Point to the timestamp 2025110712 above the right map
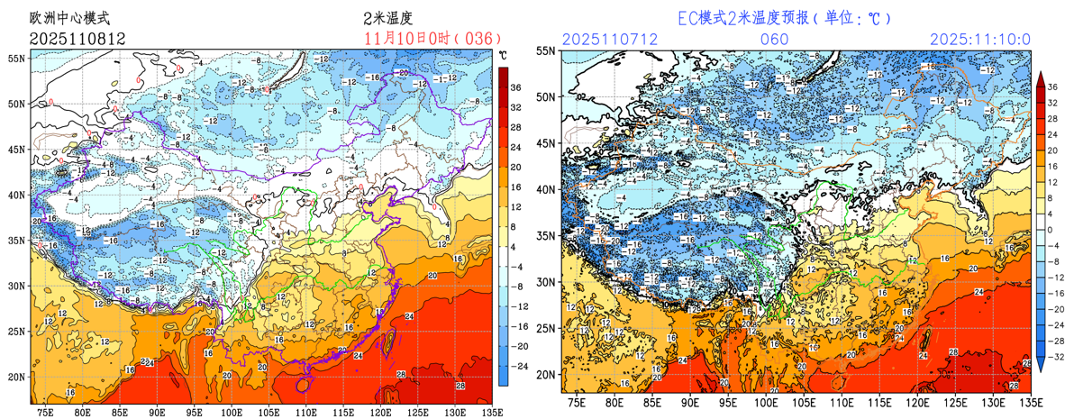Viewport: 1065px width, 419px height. pos(609,40)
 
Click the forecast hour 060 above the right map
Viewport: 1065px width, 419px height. pos(775,40)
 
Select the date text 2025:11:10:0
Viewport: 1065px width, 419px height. pos(980,40)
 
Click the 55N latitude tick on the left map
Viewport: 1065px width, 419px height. pos(17,58)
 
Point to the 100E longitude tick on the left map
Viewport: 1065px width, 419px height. pos(232,413)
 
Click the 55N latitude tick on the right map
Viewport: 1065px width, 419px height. pos(547,51)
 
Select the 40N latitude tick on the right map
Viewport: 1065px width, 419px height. pos(547,189)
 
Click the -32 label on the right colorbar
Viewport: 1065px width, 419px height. pos(1051,357)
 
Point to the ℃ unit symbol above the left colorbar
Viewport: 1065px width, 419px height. pos(503,56)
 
